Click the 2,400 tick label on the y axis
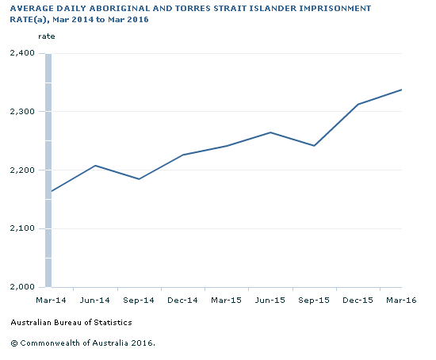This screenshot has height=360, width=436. point(21,53)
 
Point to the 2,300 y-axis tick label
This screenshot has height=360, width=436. point(21,112)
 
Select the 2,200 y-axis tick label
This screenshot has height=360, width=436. point(21,170)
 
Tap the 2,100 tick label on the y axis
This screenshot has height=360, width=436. point(21,228)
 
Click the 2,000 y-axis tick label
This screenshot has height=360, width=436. point(21,287)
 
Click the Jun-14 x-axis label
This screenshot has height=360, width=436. point(95,301)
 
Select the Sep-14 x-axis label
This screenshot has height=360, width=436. point(139,301)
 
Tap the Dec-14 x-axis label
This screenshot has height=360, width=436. point(182,301)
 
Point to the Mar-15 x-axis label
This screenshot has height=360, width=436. point(226,301)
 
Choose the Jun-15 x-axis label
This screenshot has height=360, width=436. point(270,301)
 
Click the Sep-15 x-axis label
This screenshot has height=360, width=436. point(314,301)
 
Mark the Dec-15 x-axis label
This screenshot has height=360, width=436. point(358,301)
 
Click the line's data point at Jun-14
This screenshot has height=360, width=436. point(95,166)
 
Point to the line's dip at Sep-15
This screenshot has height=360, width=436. point(314,146)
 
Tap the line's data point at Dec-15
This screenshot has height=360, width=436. point(358,105)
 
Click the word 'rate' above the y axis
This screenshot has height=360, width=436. point(47,36)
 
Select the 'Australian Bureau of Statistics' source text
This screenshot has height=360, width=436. point(71,323)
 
